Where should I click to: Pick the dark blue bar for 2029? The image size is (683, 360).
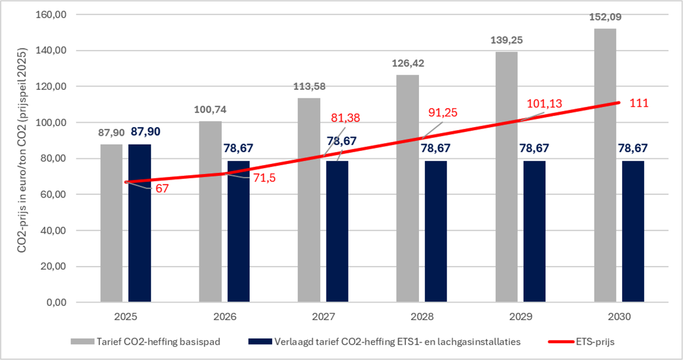(534, 231)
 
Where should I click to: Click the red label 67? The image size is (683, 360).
(162, 188)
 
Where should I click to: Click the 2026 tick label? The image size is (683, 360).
(225, 317)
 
